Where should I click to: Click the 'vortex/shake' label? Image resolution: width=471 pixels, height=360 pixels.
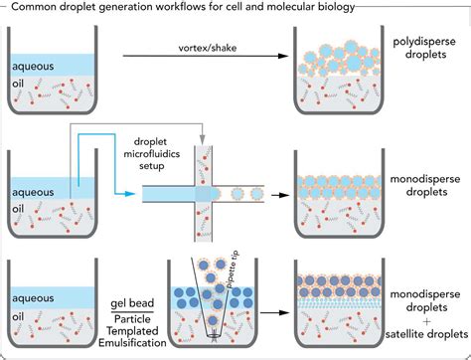pyautogui.click(x=195, y=47)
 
